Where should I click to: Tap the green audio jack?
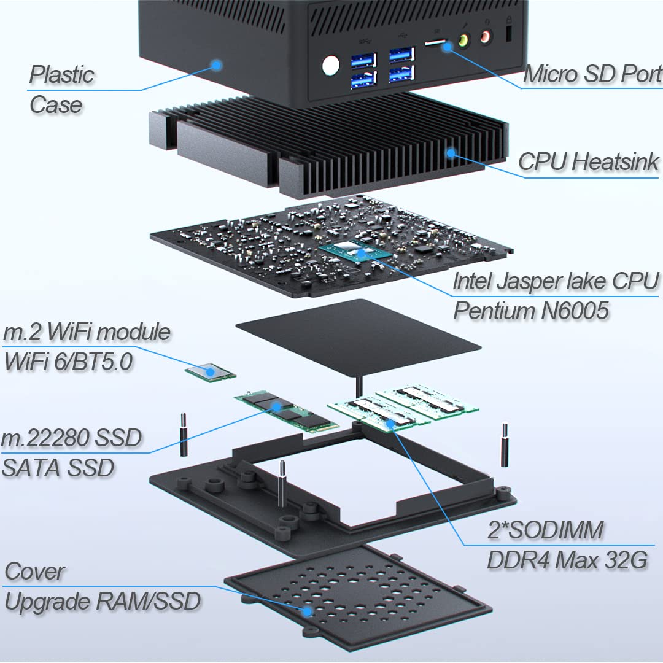coord(464,41)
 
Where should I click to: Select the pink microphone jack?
coord(486,37)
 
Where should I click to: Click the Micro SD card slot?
coord(435,42)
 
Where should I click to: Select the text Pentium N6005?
coord(530,311)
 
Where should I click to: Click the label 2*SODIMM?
coord(546,530)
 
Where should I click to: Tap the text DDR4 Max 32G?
coord(567,560)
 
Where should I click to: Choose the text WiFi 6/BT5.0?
coord(68,362)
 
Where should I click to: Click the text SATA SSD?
coord(58,468)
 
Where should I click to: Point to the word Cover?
coord(34,572)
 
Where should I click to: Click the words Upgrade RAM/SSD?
coord(103,602)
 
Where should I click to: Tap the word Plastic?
coord(62,75)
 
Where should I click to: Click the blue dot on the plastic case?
coord(217,65)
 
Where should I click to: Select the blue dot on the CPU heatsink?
coord(451,153)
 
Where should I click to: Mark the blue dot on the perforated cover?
coord(308,611)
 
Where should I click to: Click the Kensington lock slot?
coord(509,33)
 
